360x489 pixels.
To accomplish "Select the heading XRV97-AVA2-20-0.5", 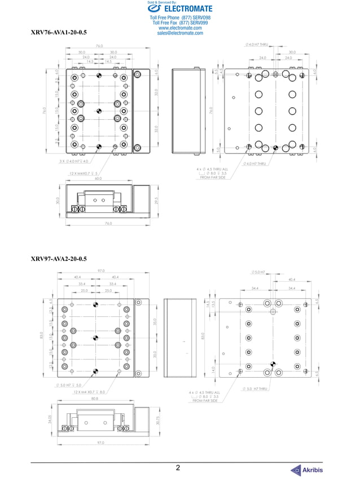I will coord(59,259).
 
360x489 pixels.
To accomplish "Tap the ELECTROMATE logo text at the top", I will coord(180,9).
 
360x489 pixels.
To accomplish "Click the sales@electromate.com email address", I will coord(181,33).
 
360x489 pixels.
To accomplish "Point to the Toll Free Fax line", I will coord(180,23).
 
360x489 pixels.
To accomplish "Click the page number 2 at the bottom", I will coord(178,468).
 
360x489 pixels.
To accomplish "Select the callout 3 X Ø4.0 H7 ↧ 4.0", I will coord(74,161).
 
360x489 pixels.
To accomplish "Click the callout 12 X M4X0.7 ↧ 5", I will coord(84,173).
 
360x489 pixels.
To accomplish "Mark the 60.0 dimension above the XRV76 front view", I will coord(99,178).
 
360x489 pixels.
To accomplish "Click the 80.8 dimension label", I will coord(94,398).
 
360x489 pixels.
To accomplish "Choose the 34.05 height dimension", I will coord(50,419).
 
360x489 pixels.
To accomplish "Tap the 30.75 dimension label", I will coord(157,420).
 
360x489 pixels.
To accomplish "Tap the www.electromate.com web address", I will coord(180,28).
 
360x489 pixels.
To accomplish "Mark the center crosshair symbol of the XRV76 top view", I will coord(99,111).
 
